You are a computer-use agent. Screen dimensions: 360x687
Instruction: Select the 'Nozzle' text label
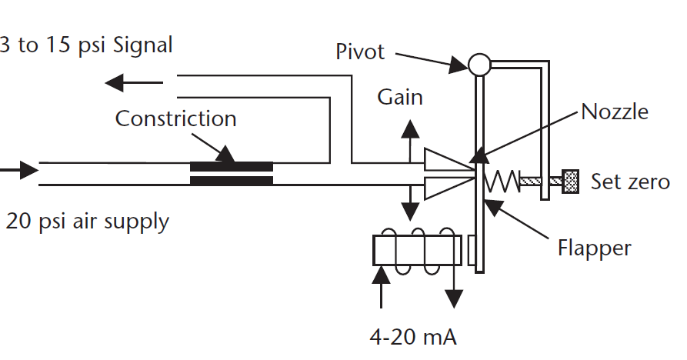pos(614,112)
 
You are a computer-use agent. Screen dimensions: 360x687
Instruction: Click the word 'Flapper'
pos(594,248)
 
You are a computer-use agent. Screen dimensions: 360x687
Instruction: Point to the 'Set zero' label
pos(629,182)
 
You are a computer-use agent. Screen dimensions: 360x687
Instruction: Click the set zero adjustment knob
pos(570,182)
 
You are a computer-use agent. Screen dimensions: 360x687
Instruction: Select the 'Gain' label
pos(400,98)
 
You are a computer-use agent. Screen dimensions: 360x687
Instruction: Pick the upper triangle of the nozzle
pos(445,160)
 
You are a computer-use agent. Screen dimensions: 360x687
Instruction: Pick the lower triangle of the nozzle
pos(445,188)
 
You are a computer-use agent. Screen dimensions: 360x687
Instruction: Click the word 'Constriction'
pos(175,119)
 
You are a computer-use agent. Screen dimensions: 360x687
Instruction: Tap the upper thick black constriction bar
pos(231,166)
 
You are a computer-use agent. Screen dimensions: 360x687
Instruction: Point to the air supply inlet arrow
pos(19,169)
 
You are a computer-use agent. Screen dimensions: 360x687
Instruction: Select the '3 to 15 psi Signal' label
pos(86,45)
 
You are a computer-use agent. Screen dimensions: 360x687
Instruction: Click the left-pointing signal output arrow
pos(134,80)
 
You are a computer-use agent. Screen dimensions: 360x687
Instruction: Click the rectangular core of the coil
pos(417,250)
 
